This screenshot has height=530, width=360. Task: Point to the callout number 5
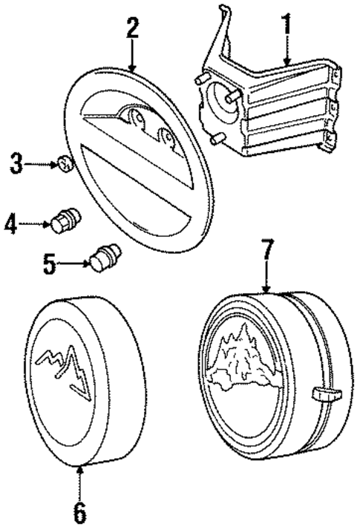point(50,264)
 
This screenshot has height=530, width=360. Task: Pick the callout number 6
point(79,511)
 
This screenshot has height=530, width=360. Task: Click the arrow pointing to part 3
point(43,164)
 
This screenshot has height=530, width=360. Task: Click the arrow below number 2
point(132,56)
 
